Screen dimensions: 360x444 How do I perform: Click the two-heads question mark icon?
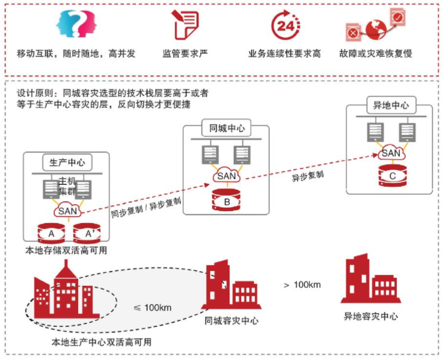[76, 25]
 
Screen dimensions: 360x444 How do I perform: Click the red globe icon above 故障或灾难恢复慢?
[377, 25]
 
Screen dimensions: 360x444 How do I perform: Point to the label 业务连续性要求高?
[284, 53]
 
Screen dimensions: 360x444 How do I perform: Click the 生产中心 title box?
[67, 162]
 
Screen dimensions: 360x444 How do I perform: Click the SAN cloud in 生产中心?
[67, 210]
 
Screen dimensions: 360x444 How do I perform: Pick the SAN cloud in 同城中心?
[227, 176]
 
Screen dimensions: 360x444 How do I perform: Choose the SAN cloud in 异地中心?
[391, 154]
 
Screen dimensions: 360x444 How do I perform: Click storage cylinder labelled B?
[227, 200]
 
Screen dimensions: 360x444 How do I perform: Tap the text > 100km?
[301, 285]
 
